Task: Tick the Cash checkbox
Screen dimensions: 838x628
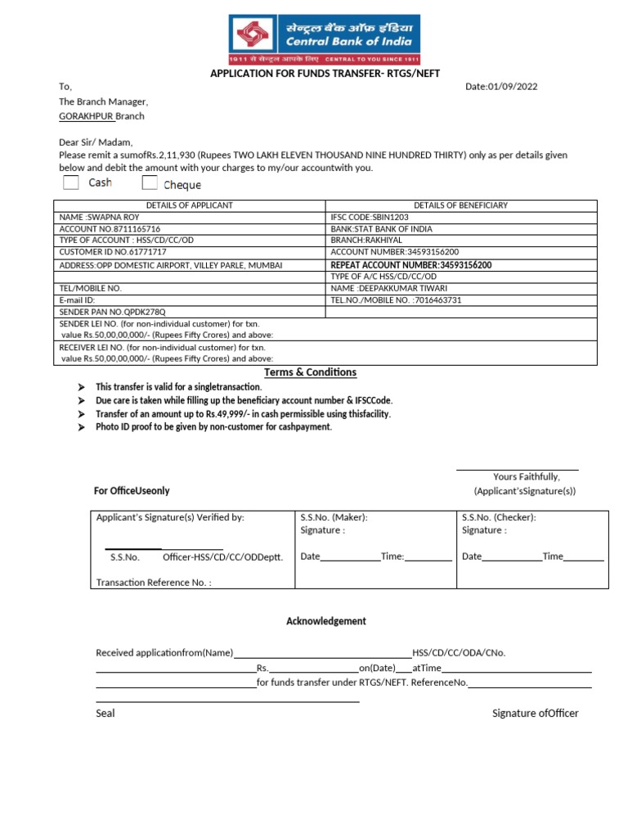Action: point(71,182)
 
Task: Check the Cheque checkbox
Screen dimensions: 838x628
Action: point(150,182)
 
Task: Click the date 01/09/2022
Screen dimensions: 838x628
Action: point(501,87)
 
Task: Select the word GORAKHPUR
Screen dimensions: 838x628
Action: point(80,116)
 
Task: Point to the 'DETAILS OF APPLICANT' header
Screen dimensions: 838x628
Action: point(189,205)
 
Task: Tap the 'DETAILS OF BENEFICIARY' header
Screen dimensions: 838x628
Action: point(460,205)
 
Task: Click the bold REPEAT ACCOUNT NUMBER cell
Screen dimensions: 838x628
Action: point(411,265)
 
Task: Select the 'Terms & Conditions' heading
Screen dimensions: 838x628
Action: point(310,372)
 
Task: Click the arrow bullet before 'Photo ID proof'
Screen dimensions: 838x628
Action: point(80,427)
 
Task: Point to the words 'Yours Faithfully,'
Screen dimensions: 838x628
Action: point(526,476)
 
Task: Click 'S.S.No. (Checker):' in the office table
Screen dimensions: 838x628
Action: point(499,517)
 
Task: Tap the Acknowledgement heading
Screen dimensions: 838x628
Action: point(325,621)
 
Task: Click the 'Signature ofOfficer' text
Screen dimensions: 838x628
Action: point(535,714)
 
